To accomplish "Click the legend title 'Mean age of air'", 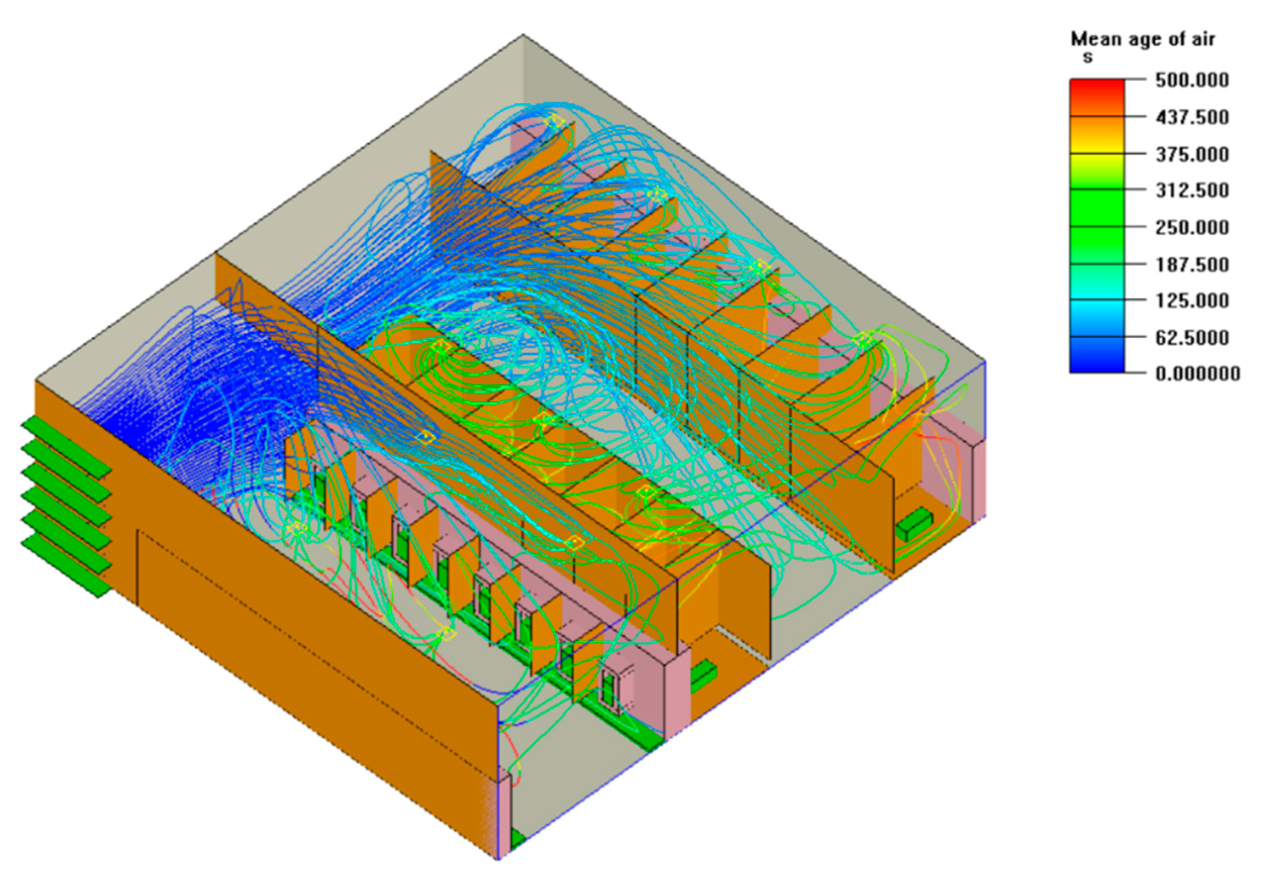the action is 1142,40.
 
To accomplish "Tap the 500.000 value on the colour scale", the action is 1191,80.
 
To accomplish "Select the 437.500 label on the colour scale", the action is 1191,117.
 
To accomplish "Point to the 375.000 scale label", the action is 1191,154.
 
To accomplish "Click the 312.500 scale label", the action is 1191,190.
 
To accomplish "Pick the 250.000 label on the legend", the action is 1191,227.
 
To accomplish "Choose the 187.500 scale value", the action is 1191,264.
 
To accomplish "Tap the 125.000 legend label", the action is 1191,300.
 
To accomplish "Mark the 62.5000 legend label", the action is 1191,337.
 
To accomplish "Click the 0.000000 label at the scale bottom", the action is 1197,374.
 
